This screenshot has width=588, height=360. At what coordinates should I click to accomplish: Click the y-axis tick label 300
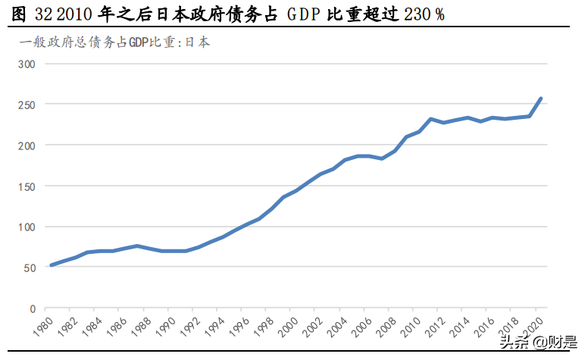point(27,64)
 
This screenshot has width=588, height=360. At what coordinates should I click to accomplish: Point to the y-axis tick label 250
point(27,105)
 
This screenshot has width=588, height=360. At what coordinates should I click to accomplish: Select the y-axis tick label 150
point(27,186)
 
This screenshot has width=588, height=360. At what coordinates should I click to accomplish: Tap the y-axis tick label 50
point(30,268)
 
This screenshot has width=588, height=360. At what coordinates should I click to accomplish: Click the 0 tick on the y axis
point(33,309)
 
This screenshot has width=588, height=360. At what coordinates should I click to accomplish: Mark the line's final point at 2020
point(541,98)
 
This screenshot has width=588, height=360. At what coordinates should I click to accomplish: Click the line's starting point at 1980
point(51,265)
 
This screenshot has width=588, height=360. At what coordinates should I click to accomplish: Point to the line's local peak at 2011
point(430,119)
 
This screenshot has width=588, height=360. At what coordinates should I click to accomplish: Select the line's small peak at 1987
point(136,246)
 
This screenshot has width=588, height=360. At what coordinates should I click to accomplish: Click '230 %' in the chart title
point(424,14)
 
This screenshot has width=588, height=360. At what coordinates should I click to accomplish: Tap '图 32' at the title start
point(29,14)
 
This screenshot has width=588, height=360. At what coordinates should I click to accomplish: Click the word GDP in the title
point(308,14)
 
